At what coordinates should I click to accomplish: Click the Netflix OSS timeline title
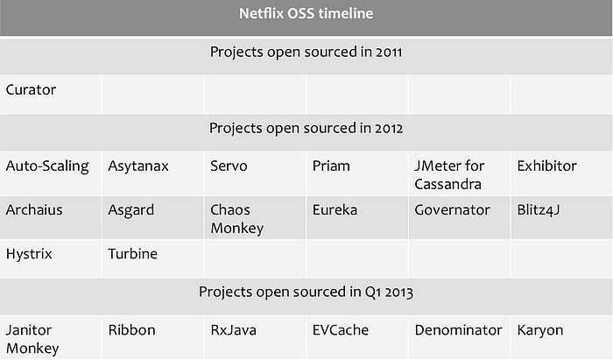(306, 14)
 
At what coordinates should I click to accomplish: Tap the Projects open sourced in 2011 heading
(306, 52)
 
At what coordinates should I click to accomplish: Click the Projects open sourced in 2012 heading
(306, 128)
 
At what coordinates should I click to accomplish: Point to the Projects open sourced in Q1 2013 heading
(306, 292)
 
